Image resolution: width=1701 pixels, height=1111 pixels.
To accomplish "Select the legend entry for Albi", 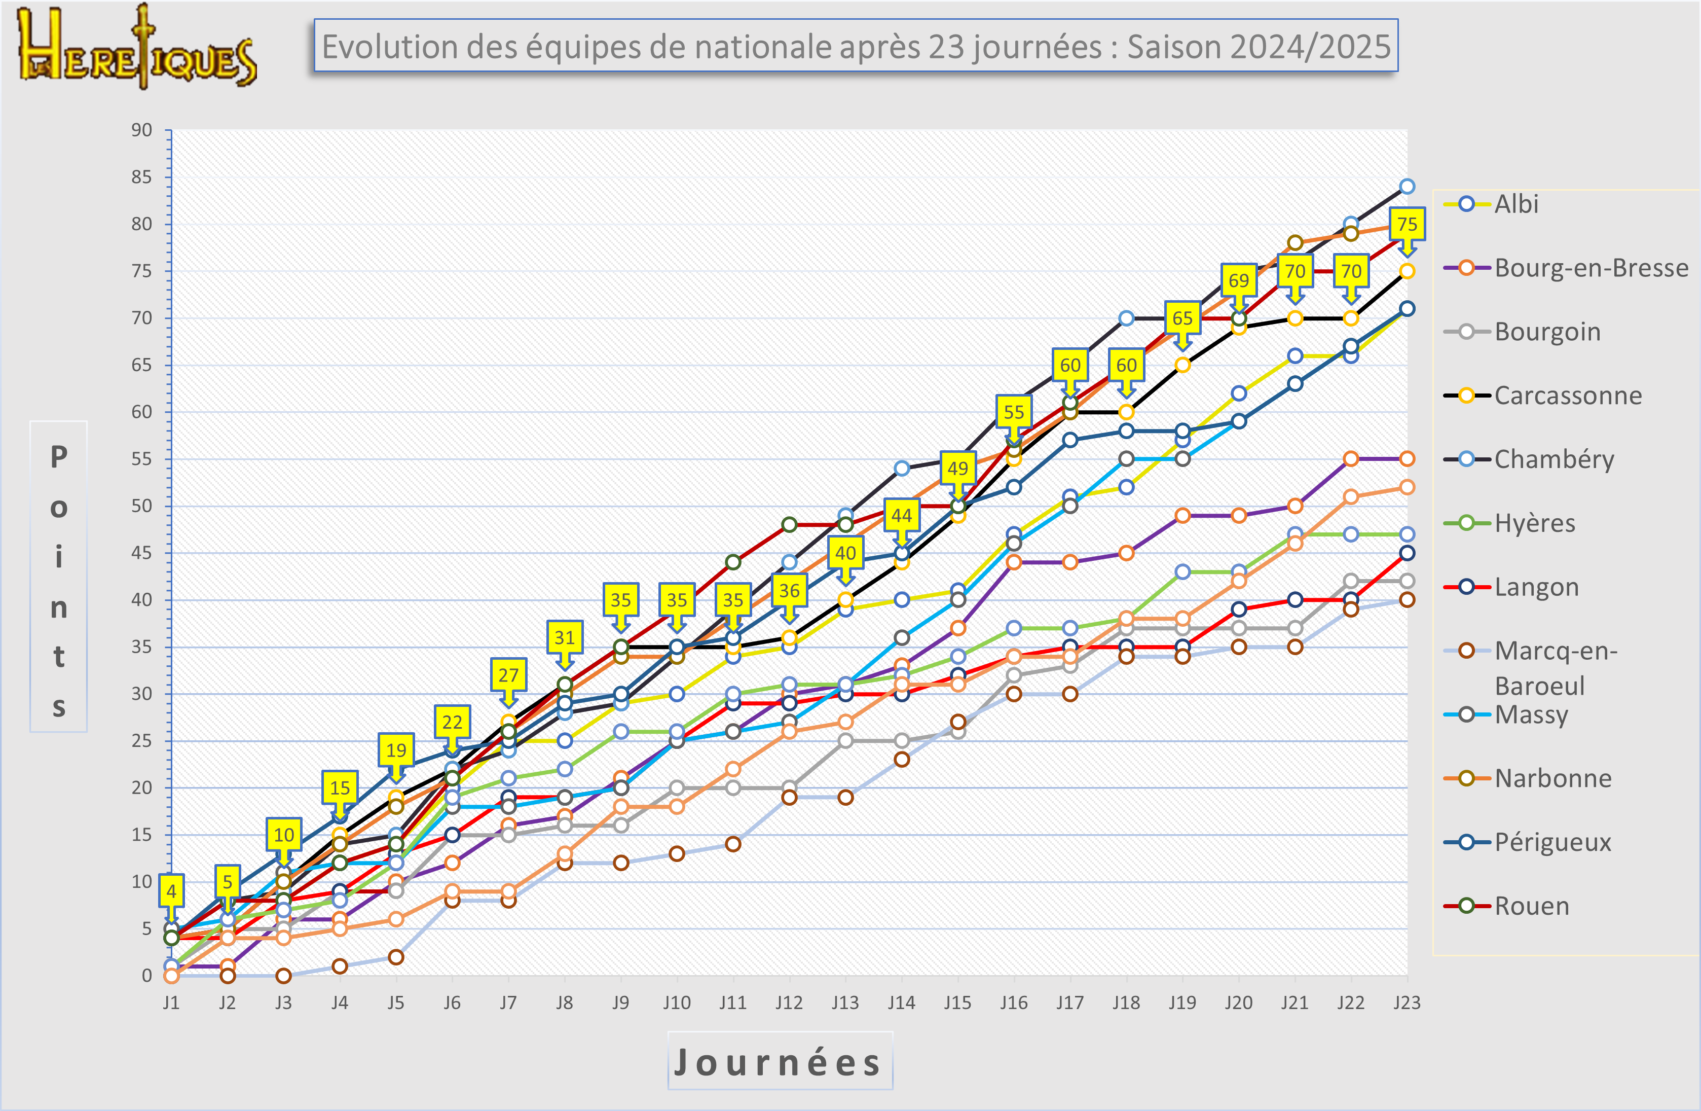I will (x=1515, y=204).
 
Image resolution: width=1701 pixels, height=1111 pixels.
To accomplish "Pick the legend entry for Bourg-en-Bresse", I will (x=1590, y=268).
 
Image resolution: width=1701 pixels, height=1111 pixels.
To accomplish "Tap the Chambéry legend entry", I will (x=1553, y=459).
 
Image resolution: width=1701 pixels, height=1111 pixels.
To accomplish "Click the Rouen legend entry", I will (x=1531, y=906).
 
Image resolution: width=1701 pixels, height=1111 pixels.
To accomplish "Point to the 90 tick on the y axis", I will (x=141, y=130).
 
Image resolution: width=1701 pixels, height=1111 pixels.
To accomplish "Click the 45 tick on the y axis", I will (x=141, y=553).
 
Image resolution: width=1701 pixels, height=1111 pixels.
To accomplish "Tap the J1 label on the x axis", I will (x=171, y=1002).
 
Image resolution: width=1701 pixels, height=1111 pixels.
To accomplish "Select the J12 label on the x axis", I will (x=789, y=1002).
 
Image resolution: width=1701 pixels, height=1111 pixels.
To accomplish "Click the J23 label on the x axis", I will (x=1407, y=1002).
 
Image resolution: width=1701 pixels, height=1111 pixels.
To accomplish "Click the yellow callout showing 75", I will (x=1407, y=225).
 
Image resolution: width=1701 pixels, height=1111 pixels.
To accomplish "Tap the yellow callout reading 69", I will (x=1239, y=280).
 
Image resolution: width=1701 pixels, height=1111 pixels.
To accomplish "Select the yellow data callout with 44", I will (x=901, y=516).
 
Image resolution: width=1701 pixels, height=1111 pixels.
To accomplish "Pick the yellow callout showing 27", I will (x=508, y=675).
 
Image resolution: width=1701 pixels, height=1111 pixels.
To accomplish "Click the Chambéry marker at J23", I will (x=1407, y=187).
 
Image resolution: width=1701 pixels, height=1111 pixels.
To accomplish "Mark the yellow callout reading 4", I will (x=171, y=891).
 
